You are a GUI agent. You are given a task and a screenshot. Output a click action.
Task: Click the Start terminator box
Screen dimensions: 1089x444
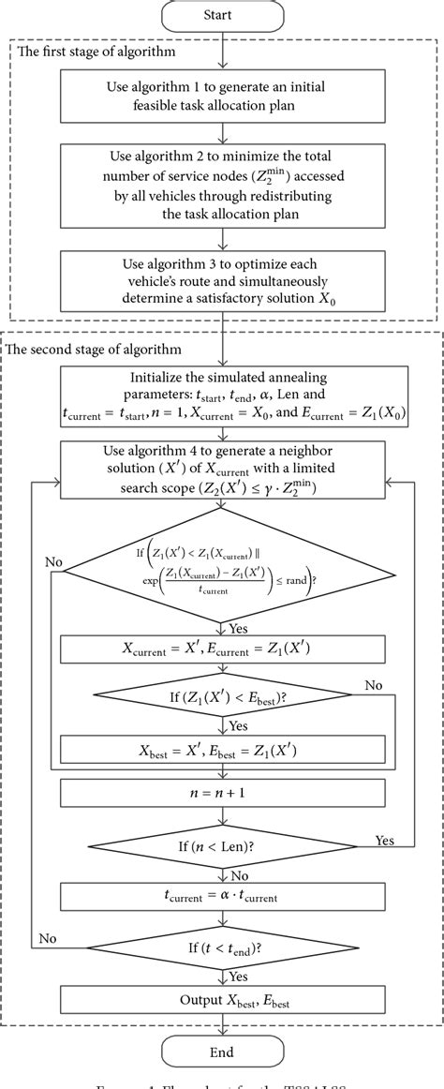click(x=222, y=16)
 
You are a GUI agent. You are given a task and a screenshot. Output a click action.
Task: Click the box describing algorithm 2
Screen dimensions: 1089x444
click(x=222, y=186)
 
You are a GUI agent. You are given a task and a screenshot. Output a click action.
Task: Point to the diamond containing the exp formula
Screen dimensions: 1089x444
click(x=222, y=565)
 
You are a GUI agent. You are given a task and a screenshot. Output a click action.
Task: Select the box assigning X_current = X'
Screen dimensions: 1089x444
click(x=222, y=649)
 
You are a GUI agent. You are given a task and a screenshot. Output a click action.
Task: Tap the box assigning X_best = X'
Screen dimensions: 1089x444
click(x=222, y=748)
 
